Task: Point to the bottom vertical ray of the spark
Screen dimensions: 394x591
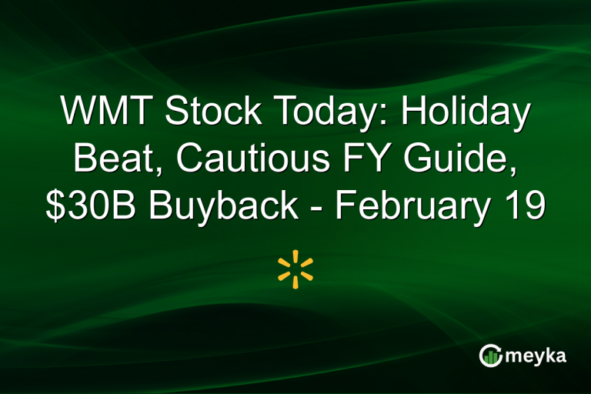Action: point(295,282)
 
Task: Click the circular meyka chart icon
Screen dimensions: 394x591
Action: point(490,355)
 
